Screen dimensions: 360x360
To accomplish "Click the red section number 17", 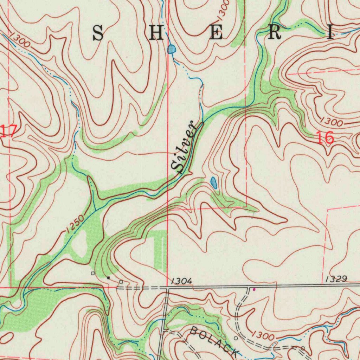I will pyautogui.click(x=8, y=131).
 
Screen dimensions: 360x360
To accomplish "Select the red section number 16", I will pyautogui.click(x=325, y=138).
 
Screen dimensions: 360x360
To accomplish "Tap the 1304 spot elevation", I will pyautogui.click(x=182, y=281).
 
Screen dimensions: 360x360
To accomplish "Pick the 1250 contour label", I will pyautogui.click(x=75, y=224).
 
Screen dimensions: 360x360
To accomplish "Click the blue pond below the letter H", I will pyautogui.click(x=172, y=49).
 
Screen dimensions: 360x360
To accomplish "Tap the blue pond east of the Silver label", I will pyautogui.click(x=214, y=182).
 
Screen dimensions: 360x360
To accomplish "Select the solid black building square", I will pyautogui.click(x=108, y=278).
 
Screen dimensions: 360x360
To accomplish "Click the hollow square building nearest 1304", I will pyautogui.click(x=121, y=282).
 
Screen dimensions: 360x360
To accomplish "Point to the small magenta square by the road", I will pyautogui.click(x=254, y=290).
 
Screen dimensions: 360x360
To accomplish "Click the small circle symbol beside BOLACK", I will pyautogui.click(x=236, y=338).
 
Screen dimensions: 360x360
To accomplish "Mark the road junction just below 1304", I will pyautogui.click(x=168, y=289).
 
